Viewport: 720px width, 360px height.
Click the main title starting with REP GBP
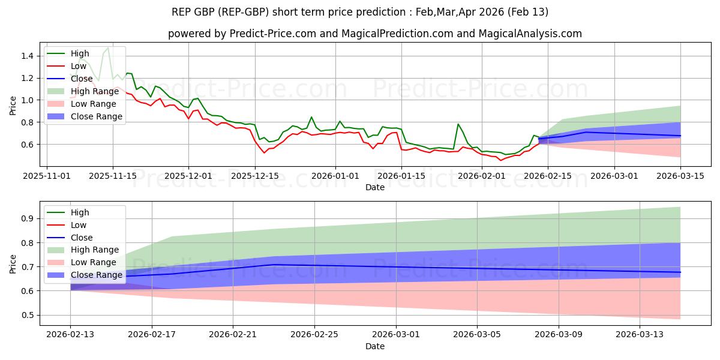click(360, 12)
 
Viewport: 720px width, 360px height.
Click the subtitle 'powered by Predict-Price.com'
click(374, 34)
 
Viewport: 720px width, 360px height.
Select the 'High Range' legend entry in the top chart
click(95, 91)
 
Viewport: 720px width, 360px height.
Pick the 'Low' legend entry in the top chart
click(78, 66)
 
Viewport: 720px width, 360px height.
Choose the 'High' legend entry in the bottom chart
click(79, 212)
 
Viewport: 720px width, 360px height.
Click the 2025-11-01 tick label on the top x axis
click(47, 176)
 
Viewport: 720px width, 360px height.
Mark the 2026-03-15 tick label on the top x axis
click(680, 176)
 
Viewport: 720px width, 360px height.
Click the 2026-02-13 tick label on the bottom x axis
click(70, 335)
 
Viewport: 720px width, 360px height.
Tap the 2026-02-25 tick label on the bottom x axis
click(314, 335)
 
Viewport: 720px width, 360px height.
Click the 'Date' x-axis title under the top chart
click(375, 187)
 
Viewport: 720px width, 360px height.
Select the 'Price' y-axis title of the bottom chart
click(13, 263)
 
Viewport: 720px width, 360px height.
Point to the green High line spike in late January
click(458, 124)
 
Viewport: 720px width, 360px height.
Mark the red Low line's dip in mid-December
click(264, 152)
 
